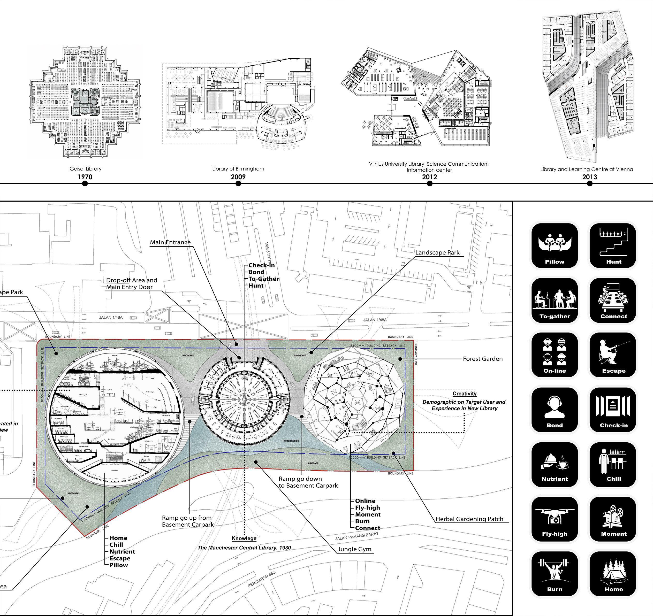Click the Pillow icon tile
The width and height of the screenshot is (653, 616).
point(555,246)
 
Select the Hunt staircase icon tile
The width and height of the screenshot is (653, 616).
point(613,246)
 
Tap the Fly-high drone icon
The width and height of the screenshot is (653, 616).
point(555,519)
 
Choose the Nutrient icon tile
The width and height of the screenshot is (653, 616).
point(555,464)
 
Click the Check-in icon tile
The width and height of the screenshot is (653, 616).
point(613,410)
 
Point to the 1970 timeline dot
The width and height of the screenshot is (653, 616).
point(85,183)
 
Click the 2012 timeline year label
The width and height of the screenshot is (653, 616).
point(429,177)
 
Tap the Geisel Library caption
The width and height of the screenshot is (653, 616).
point(85,169)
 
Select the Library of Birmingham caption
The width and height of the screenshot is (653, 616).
point(238,169)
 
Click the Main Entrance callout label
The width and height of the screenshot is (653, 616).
point(170,242)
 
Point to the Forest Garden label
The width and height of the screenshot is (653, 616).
point(483,359)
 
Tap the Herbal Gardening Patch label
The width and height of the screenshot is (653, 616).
point(469,519)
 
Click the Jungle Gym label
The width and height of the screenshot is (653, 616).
point(354,549)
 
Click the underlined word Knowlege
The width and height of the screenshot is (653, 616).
point(244,538)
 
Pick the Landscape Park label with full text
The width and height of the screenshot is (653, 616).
point(437,252)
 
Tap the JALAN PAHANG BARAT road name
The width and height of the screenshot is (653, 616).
point(357,536)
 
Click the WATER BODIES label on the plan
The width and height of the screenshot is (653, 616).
point(291,441)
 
